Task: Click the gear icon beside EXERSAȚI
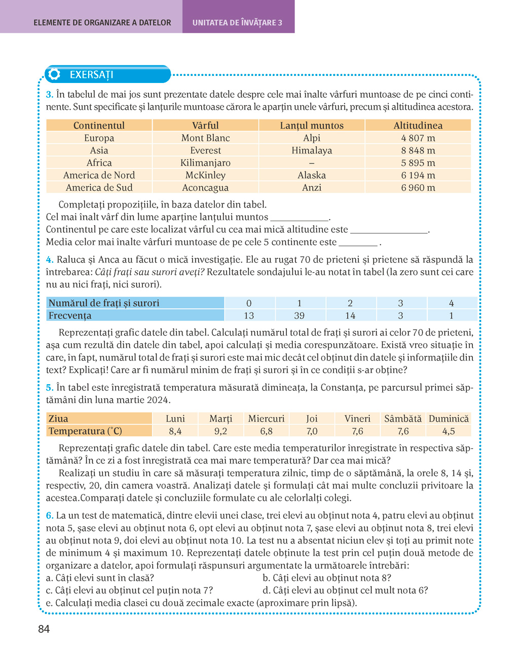(53, 74)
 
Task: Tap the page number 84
(44, 629)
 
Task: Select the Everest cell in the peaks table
(205, 150)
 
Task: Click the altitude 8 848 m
(418, 150)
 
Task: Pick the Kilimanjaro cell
(205, 163)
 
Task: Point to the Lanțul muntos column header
(312, 126)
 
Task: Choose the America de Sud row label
(99, 188)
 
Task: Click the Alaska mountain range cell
(312, 175)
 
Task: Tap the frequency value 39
(299, 316)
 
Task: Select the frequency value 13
(249, 316)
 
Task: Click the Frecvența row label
(70, 316)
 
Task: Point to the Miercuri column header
(266, 419)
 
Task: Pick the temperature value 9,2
(220, 431)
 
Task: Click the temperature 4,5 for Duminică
(449, 431)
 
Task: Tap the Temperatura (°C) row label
(85, 431)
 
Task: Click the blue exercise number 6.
(49, 515)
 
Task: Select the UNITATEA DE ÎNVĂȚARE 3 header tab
(237, 23)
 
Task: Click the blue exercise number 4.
(49, 260)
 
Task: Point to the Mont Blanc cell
(205, 138)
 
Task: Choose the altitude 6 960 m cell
(418, 188)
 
